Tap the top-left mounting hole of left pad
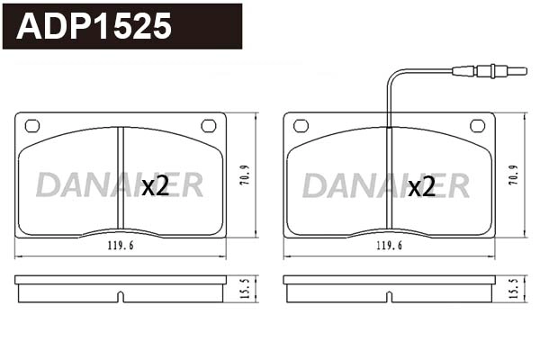pos(32,125)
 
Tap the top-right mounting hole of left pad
pos(209,125)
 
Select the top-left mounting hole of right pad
pos(301,125)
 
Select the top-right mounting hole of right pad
pos(477,125)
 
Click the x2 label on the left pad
pos(156,186)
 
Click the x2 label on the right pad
pos(422,186)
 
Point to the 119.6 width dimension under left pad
pos(120,245)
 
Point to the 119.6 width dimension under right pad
pos(388,245)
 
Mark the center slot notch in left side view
pos(121,295)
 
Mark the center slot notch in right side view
pos(389,295)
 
